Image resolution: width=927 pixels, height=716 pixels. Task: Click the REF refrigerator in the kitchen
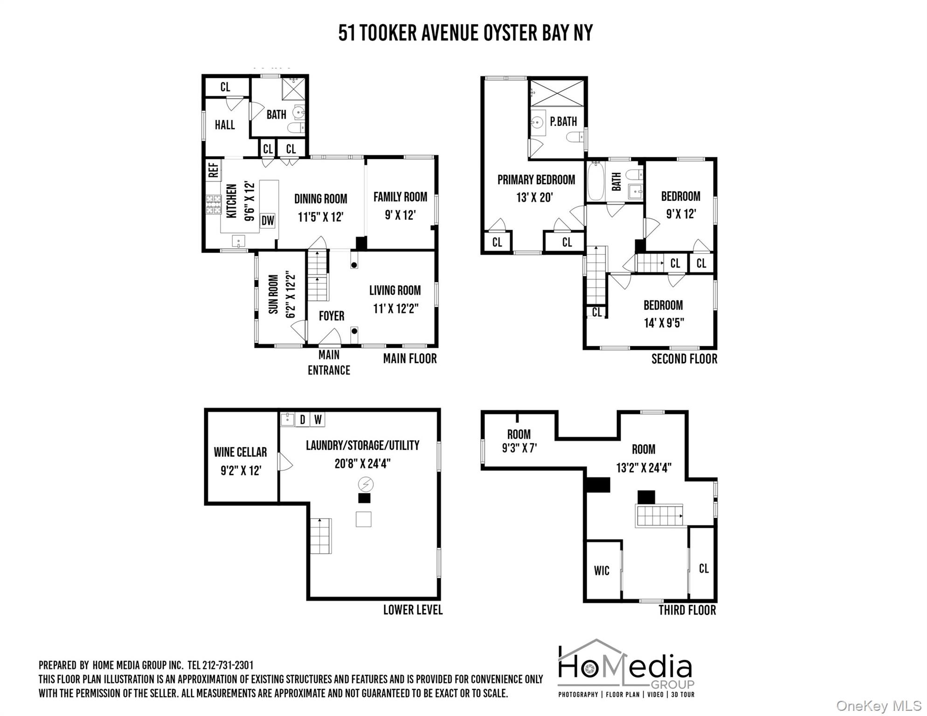point(213,170)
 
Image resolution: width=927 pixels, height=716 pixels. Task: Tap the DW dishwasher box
point(268,220)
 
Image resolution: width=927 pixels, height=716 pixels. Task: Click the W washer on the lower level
point(318,420)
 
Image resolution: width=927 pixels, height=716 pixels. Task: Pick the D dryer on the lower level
point(302,420)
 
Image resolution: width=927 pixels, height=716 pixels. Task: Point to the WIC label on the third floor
point(602,571)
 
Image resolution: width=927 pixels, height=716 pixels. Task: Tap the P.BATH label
point(563,122)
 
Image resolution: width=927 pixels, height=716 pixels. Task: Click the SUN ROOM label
point(273,294)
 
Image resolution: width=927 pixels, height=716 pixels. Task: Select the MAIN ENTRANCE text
point(329,363)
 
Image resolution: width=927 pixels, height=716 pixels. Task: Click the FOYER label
point(332,316)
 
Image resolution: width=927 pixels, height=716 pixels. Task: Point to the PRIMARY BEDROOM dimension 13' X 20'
point(534,198)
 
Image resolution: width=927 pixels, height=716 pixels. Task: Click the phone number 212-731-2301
point(228,665)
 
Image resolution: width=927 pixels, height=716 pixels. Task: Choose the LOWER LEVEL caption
point(413,610)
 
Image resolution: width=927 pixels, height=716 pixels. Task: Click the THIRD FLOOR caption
point(687,610)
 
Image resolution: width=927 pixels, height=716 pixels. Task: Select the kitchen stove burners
point(214,205)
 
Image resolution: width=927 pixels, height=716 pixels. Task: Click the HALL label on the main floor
point(225,125)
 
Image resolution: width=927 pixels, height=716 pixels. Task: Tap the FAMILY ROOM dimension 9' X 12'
point(400,215)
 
